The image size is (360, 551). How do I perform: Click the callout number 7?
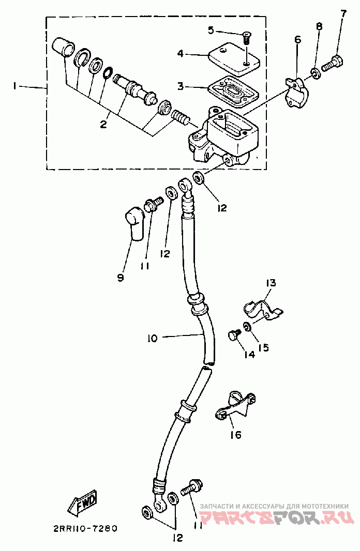pos(342,14)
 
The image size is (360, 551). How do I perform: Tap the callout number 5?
pos(211,30)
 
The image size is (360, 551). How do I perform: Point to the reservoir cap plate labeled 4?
pos(234,58)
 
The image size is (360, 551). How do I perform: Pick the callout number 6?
pos(297,39)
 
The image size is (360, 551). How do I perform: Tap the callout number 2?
pos(103,124)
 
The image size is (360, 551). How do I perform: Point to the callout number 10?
pos(153,338)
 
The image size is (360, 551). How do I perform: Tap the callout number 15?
pos(263,347)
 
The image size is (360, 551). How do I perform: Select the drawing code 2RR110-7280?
pos(85,528)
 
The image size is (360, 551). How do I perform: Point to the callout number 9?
pos(121,278)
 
